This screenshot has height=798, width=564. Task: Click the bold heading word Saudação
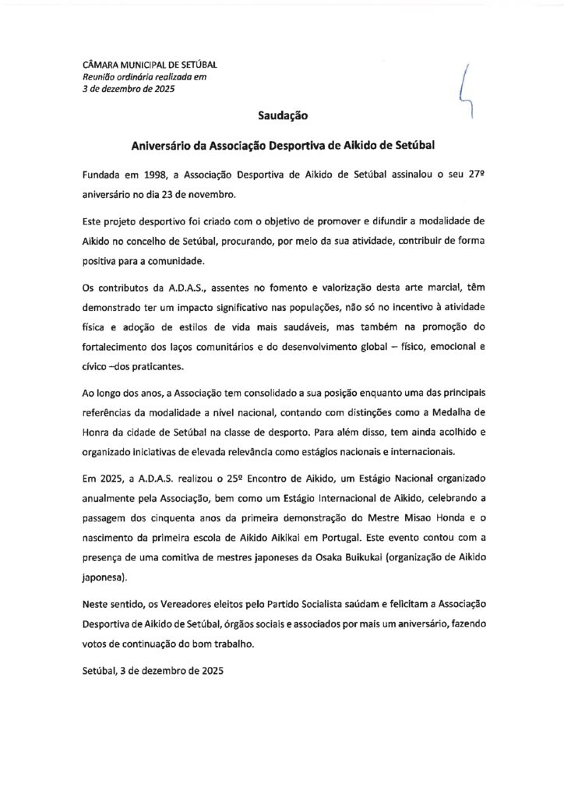283,115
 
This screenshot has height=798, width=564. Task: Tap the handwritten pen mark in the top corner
465,92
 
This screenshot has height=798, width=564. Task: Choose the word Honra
97,429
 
